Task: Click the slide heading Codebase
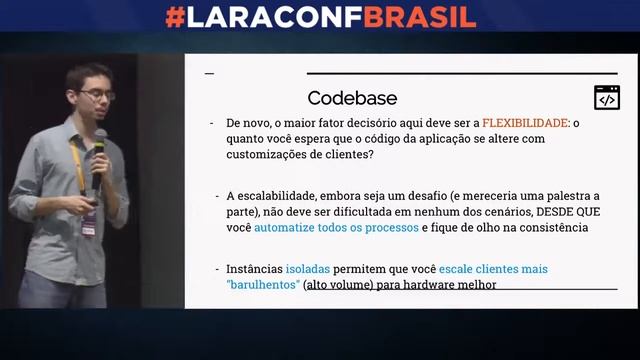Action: coord(352,98)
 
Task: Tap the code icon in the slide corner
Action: coord(607,98)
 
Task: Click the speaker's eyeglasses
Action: coord(96,95)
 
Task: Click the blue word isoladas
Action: coord(307,269)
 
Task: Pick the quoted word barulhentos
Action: coord(264,285)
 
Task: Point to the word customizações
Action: coord(270,155)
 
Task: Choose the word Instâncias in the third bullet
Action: coord(254,269)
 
